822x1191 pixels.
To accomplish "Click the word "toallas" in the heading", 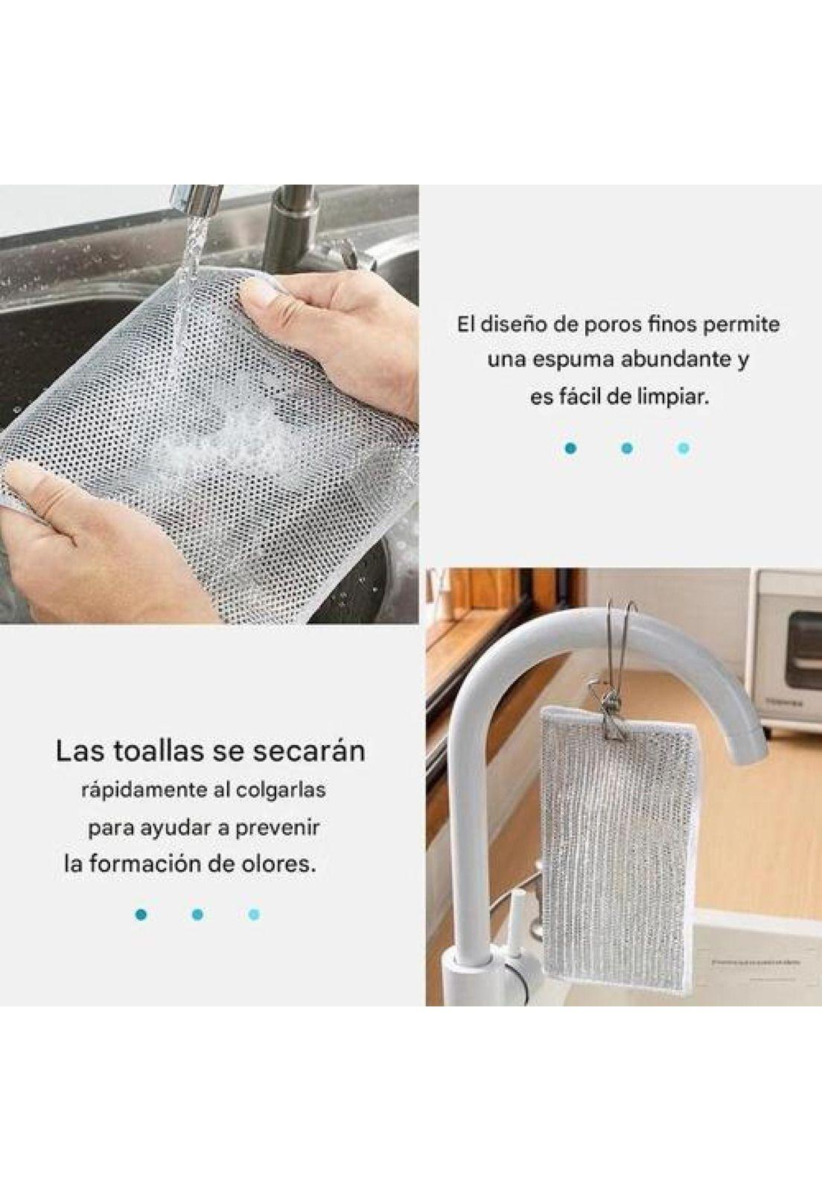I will point(159,751).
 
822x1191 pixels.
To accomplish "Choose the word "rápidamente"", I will point(142,790).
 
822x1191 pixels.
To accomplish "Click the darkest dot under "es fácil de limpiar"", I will point(571,448).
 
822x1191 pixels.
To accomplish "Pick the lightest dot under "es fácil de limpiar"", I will point(684,448).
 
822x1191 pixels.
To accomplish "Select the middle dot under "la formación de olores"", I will point(197,914).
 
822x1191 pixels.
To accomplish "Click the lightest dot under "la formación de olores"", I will point(254,914).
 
